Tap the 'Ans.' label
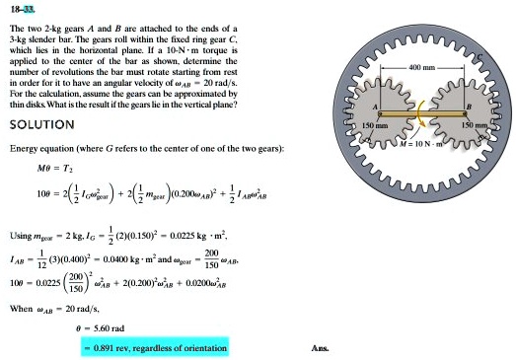[319, 348]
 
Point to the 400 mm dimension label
[421, 64]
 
